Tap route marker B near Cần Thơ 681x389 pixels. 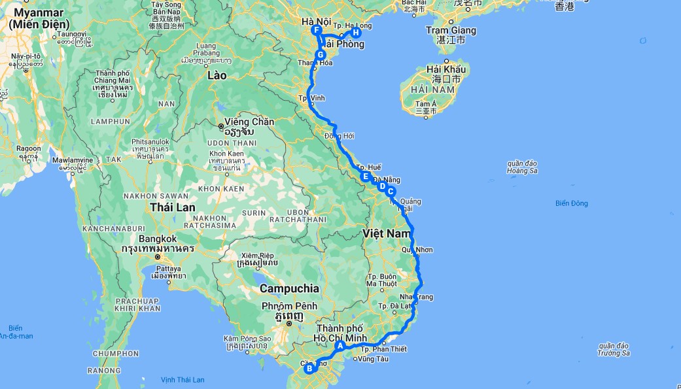309,369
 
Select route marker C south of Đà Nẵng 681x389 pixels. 391,192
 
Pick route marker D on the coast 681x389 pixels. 382,186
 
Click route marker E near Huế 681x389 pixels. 366,175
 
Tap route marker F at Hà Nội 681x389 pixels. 317,31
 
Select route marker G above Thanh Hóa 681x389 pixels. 320,54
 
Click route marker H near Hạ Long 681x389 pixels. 356,33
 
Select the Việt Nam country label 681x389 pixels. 386,233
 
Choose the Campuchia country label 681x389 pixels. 290,288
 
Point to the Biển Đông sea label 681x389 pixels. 571,203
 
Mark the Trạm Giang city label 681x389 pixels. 451,30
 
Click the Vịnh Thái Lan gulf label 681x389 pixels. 183,379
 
